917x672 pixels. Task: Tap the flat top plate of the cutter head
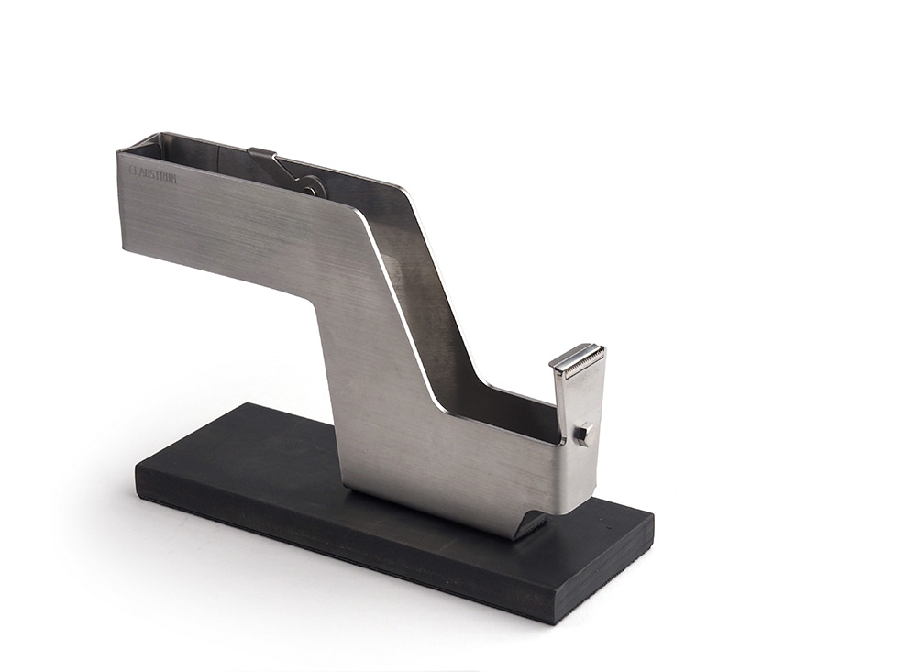pyautogui.click(x=576, y=354)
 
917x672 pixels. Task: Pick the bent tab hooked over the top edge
pyautogui.click(x=261, y=155)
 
